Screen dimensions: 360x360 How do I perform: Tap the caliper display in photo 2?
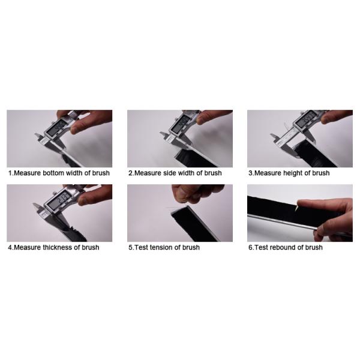click(x=181, y=124)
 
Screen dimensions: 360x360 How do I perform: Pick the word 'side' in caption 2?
click(x=170, y=173)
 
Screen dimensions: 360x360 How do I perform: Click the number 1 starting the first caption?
click(x=10, y=173)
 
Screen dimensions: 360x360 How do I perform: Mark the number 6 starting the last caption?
click(x=250, y=247)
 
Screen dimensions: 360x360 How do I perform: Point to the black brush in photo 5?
click(x=194, y=224)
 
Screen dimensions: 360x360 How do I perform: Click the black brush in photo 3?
click(x=317, y=154)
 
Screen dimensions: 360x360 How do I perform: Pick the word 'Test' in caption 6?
click(x=261, y=247)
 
